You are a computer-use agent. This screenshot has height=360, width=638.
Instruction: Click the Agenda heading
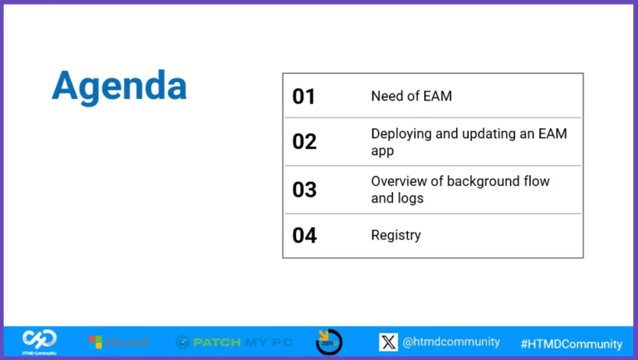click(x=119, y=86)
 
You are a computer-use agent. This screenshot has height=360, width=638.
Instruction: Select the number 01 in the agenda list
click(x=304, y=97)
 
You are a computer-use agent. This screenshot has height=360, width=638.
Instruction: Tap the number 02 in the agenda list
click(x=305, y=142)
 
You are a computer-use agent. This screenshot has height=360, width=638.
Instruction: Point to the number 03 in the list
click(x=305, y=189)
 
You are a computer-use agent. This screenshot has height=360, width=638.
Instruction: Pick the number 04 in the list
click(x=305, y=235)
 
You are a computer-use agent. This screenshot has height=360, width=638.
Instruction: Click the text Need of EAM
click(x=411, y=96)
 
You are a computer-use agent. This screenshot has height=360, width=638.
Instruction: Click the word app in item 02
click(x=383, y=151)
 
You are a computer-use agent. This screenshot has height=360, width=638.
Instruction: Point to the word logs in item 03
click(x=411, y=198)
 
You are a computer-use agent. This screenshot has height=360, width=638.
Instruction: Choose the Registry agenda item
click(x=396, y=235)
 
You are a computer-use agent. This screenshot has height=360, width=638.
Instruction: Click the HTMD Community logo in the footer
click(x=40, y=340)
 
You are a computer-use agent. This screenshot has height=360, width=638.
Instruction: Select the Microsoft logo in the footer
click(x=119, y=342)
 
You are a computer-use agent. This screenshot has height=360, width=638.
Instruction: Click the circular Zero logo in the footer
click(x=329, y=342)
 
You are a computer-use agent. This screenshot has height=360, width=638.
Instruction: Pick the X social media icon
click(x=388, y=342)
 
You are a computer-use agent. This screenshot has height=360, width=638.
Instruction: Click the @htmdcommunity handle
click(x=451, y=342)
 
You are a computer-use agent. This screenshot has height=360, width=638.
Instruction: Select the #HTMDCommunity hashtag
click(x=571, y=344)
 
